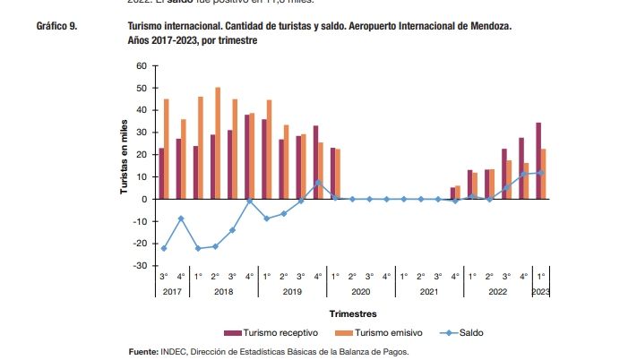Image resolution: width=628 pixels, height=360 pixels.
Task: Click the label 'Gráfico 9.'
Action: pos(56,28)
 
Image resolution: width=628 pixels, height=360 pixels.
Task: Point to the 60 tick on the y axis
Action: pos(141,66)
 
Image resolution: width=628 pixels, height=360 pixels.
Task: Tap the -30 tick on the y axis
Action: pos(139,266)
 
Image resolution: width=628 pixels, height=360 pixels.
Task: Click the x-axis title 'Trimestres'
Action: pos(352,313)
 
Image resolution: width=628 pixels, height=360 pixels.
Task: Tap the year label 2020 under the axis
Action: pos(361,292)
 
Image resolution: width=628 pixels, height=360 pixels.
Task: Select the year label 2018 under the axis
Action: pos(223,292)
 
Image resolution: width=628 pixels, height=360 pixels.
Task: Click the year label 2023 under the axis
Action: pos(541,292)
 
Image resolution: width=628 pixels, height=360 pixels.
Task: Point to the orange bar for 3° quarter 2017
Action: pos(166,149)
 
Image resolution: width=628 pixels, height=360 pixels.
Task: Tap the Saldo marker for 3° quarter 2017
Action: pos(163,248)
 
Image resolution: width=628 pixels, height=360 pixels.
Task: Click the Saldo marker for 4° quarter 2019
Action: pos(318,183)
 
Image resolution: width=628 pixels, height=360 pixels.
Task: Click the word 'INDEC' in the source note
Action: pos(175,352)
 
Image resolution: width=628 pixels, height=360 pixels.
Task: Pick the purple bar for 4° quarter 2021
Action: pos(452,193)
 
